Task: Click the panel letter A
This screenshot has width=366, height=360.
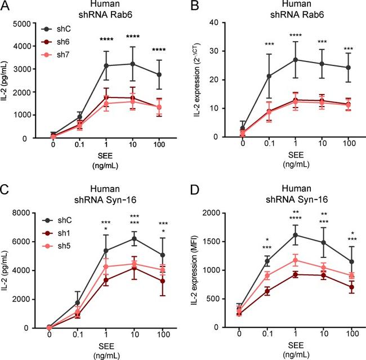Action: coord(6,6)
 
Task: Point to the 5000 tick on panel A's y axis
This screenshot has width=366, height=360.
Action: coord(32,23)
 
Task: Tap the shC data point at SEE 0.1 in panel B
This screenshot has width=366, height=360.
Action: coord(269,76)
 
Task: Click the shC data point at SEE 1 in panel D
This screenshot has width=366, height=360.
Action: coord(296,235)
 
